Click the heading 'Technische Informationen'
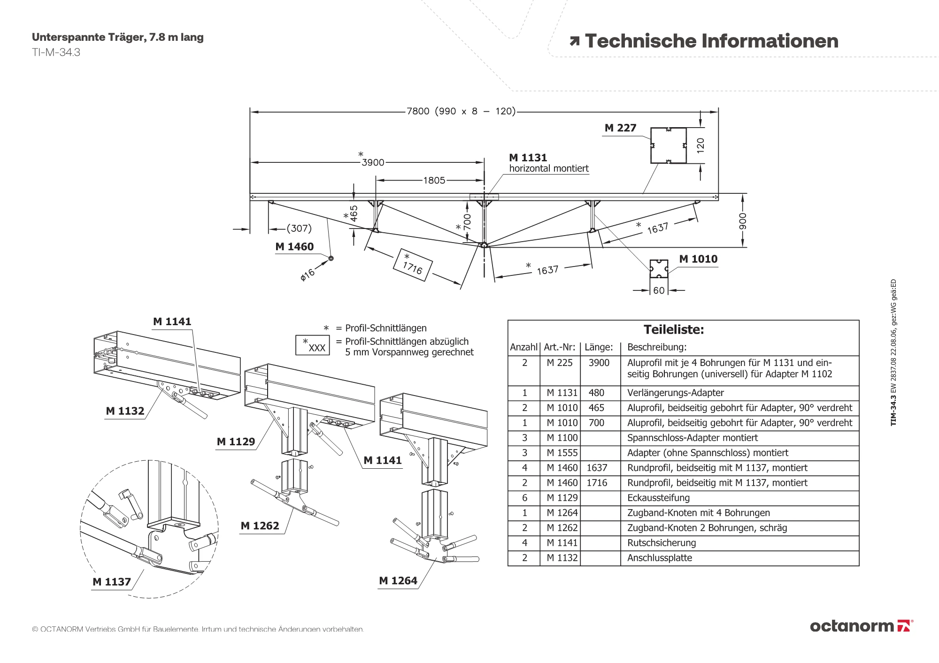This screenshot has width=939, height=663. (x=711, y=41)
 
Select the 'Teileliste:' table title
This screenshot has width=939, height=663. (x=674, y=329)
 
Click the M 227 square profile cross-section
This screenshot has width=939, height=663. (x=668, y=145)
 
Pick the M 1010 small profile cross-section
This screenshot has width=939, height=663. (x=659, y=269)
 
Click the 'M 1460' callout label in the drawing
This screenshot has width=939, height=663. (x=294, y=247)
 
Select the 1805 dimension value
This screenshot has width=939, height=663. (x=434, y=180)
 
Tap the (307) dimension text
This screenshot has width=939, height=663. (x=299, y=229)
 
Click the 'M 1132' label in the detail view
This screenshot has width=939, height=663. (x=125, y=411)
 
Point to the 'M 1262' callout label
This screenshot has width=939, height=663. (x=260, y=526)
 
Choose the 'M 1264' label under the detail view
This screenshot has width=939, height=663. (x=398, y=581)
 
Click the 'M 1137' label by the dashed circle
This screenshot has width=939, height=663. (x=112, y=582)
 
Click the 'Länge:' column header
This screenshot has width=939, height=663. (x=599, y=347)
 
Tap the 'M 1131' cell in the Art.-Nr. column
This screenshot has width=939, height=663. (x=562, y=393)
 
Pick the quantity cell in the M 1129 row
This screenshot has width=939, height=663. (x=524, y=498)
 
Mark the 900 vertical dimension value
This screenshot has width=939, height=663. (x=742, y=221)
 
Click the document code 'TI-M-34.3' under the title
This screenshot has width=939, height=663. (x=56, y=53)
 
